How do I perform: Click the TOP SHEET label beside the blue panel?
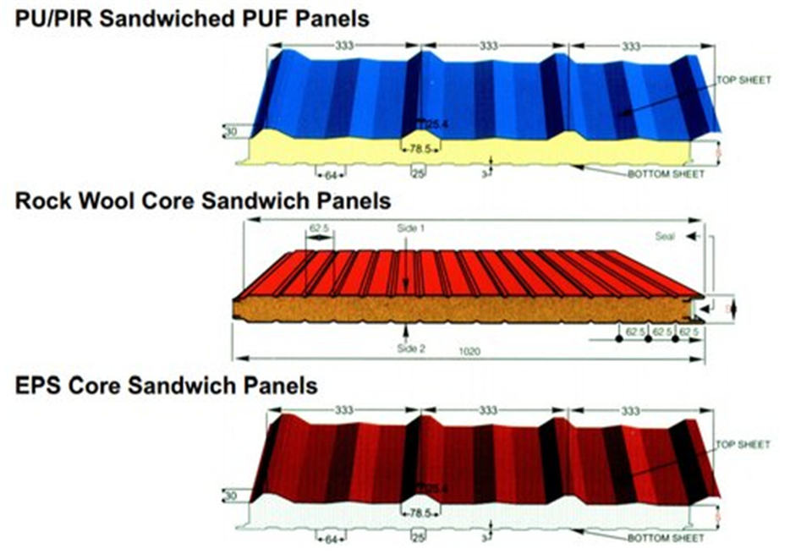[744, 80]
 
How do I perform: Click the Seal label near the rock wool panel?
[666, 237]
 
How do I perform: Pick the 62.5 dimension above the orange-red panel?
[319, 228]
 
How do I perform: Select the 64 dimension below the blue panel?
[331, 175]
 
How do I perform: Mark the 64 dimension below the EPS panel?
[331, 539]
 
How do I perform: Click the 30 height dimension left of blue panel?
[231, 131]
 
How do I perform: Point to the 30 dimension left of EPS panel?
[231, 496]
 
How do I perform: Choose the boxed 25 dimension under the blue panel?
[417, 174]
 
